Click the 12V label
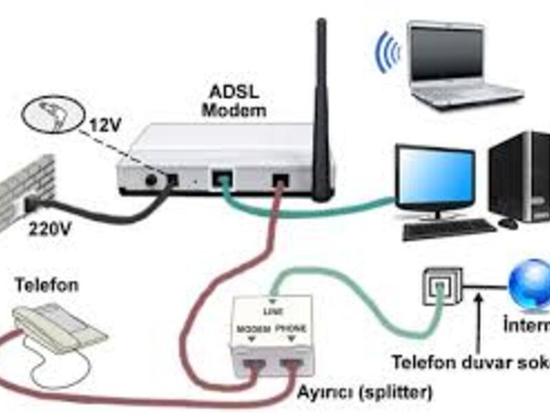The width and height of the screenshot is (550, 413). click(x=105, y=127)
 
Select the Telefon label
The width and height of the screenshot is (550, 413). click(x=47, y=284)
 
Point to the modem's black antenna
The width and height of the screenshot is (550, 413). click(x=321, y=110)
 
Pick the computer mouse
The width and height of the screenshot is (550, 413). click(x=508, y=223)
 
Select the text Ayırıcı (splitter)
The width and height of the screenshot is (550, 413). click(x=364, y=393)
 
